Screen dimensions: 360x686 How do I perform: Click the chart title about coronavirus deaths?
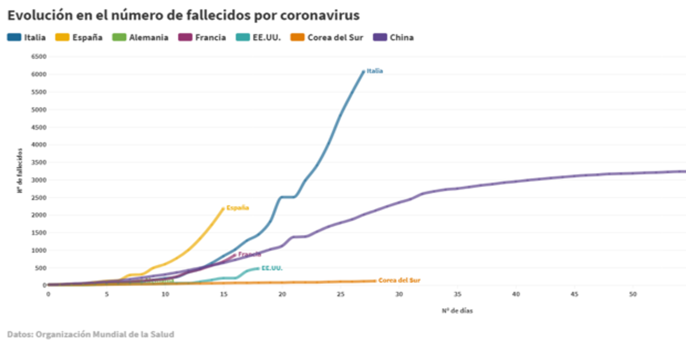[x=183, y=14]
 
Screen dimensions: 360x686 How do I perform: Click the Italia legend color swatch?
[x=14, y=38]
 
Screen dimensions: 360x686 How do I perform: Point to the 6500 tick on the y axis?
[x=38, y=57]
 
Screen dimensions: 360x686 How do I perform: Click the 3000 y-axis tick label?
[x=38, y=180]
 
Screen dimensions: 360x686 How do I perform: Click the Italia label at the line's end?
[x=374, y=71]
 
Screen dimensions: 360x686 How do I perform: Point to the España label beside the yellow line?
[x=237, y=208]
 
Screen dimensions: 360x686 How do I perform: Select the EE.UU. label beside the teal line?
[x=272, y=267]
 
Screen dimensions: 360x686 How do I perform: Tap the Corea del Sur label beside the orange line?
[x=399, y=281]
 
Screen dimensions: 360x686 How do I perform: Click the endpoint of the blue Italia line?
[x=363, y=71]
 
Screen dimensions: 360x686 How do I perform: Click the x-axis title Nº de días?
[x=457, y=311]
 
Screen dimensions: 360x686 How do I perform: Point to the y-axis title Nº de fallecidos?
[x=19, y=170]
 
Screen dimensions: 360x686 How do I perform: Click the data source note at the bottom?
[x=90, y=334]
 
